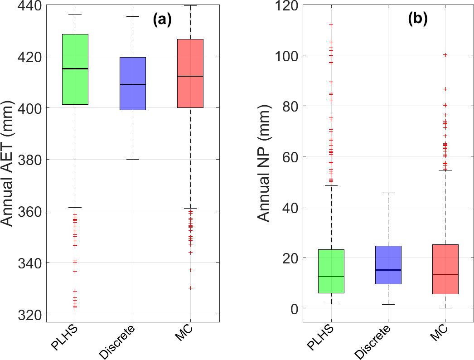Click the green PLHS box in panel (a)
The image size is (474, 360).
pyautogui.click(x=75, y=69)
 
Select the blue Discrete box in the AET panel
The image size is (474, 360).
pyautogui.click(x=133, y=83)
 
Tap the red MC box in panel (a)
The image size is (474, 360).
pyautogui.click(x=190, y=73)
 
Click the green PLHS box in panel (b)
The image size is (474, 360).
pyautogui.click(x=332, y=271)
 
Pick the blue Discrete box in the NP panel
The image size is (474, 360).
pyautogui.click(x=389, y=265)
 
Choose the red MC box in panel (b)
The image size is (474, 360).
pyautogui.click(x=446, y=269)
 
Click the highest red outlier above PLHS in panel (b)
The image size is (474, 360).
pyautogui.click(x=332, y=25)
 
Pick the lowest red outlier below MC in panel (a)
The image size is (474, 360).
pyautogui.click(x=190, y=288)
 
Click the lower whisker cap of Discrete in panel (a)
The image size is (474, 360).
pyautogui.click(x=133, y=160)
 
